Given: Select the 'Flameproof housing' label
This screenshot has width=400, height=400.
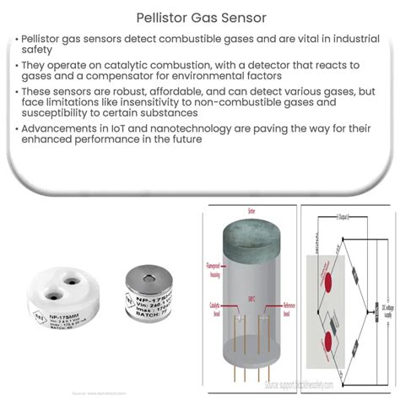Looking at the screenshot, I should [215, 273].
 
